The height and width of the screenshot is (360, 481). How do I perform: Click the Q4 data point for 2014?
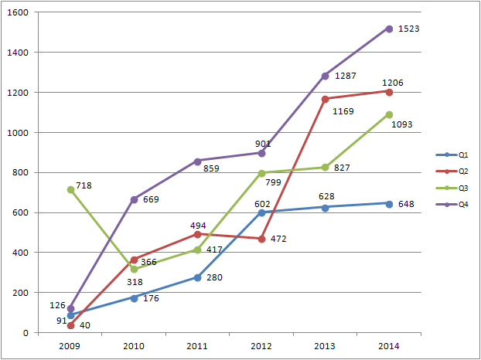click(388, 29)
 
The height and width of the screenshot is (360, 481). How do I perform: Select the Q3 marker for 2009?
click(70, 189)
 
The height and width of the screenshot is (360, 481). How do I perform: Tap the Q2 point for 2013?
click(325, 99)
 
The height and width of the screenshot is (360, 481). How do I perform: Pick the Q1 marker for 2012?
click(261, 212)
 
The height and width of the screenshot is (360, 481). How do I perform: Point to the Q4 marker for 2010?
click(134, 199)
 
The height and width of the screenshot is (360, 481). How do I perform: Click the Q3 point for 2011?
click(197, 250)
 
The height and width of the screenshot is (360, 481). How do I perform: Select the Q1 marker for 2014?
click(388, 203)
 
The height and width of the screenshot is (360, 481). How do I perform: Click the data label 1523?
click(409, 29)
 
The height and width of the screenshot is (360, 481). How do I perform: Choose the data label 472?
click(279, 239)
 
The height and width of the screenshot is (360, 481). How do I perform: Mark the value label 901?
click(263, 143)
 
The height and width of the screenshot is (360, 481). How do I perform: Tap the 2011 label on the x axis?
click(197, 346)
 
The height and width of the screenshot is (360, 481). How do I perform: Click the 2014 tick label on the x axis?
click(388, 346)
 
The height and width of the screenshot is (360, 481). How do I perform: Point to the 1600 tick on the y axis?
click(19, 13)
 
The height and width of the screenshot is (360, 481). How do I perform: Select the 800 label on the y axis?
click(21, 173)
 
